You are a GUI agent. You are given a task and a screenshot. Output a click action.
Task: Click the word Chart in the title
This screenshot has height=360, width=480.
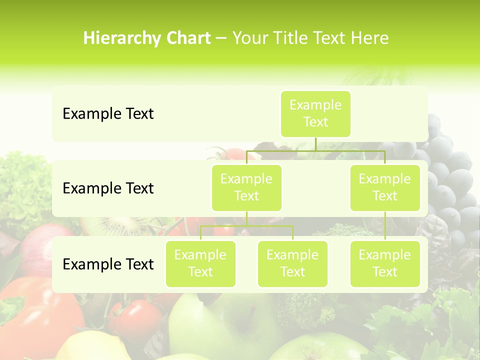(187, 38)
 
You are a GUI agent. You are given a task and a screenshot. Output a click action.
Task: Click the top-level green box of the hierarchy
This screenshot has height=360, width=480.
(315, 114)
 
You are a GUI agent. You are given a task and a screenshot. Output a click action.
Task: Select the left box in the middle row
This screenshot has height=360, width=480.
(246, 188)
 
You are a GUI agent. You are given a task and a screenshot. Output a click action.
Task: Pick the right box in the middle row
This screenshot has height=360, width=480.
(385, 188)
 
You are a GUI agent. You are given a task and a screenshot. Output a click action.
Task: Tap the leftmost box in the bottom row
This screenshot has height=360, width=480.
(200, 264)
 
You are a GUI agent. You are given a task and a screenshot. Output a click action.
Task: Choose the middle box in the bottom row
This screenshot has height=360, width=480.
(292, 264)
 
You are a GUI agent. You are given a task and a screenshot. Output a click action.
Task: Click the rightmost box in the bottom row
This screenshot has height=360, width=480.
(385, 264)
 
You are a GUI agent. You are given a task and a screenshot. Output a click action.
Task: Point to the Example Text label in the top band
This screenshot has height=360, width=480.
(108, 114)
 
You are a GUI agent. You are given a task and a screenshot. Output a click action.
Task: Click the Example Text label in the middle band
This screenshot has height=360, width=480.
(108, 188)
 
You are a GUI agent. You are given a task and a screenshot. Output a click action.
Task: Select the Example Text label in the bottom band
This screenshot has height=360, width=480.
(108, 264)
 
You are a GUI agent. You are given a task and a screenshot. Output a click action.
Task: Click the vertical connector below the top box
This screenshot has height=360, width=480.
(315, 144)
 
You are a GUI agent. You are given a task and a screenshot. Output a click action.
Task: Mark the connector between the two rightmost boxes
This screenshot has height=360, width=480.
(385, 226)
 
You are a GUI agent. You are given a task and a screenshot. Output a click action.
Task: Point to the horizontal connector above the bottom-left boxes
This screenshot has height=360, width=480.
(246, 226)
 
